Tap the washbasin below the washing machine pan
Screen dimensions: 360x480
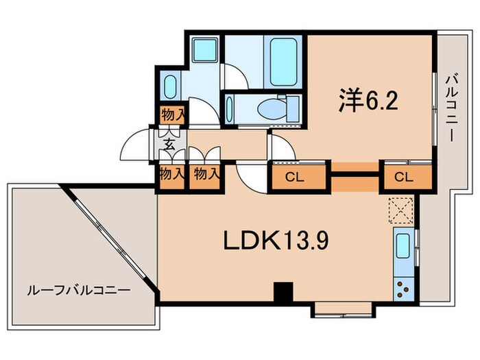click(170, 88)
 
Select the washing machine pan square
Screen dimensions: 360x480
click(203, 50)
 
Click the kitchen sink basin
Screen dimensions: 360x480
click(403, 245)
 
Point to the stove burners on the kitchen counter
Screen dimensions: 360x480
click(402, 289)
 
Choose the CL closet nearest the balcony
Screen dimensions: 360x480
click(405, 177)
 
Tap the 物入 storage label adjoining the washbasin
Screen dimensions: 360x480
click(171, 115)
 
